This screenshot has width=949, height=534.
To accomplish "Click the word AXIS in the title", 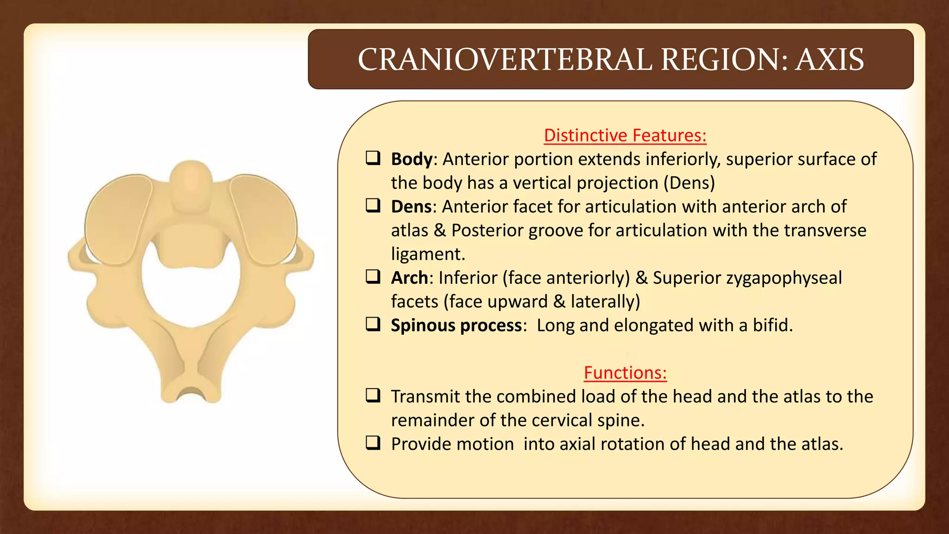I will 829,60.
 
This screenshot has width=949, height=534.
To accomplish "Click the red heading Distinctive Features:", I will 625,135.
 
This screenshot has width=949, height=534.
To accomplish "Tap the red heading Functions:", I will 625,373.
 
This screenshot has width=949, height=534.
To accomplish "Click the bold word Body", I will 411,159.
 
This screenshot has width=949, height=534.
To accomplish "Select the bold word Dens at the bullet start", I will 411,207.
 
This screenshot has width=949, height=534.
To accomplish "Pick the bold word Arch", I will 409,278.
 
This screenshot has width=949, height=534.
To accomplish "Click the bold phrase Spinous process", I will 456,325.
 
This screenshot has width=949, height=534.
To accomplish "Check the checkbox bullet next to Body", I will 373,158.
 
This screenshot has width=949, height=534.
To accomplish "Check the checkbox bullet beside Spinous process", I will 373,324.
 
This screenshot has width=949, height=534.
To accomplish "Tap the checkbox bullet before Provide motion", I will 373,443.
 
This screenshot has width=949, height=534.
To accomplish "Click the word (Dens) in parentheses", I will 689,183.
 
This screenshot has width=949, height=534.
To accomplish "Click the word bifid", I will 772,325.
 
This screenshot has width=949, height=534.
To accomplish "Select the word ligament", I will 427,254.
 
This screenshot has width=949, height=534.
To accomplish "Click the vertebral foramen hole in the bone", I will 191,292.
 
